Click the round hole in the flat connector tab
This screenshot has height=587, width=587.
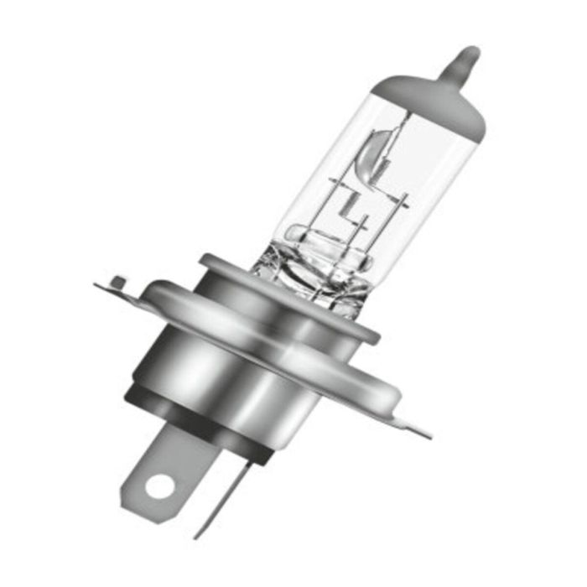158,485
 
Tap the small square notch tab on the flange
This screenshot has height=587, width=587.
118,282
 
